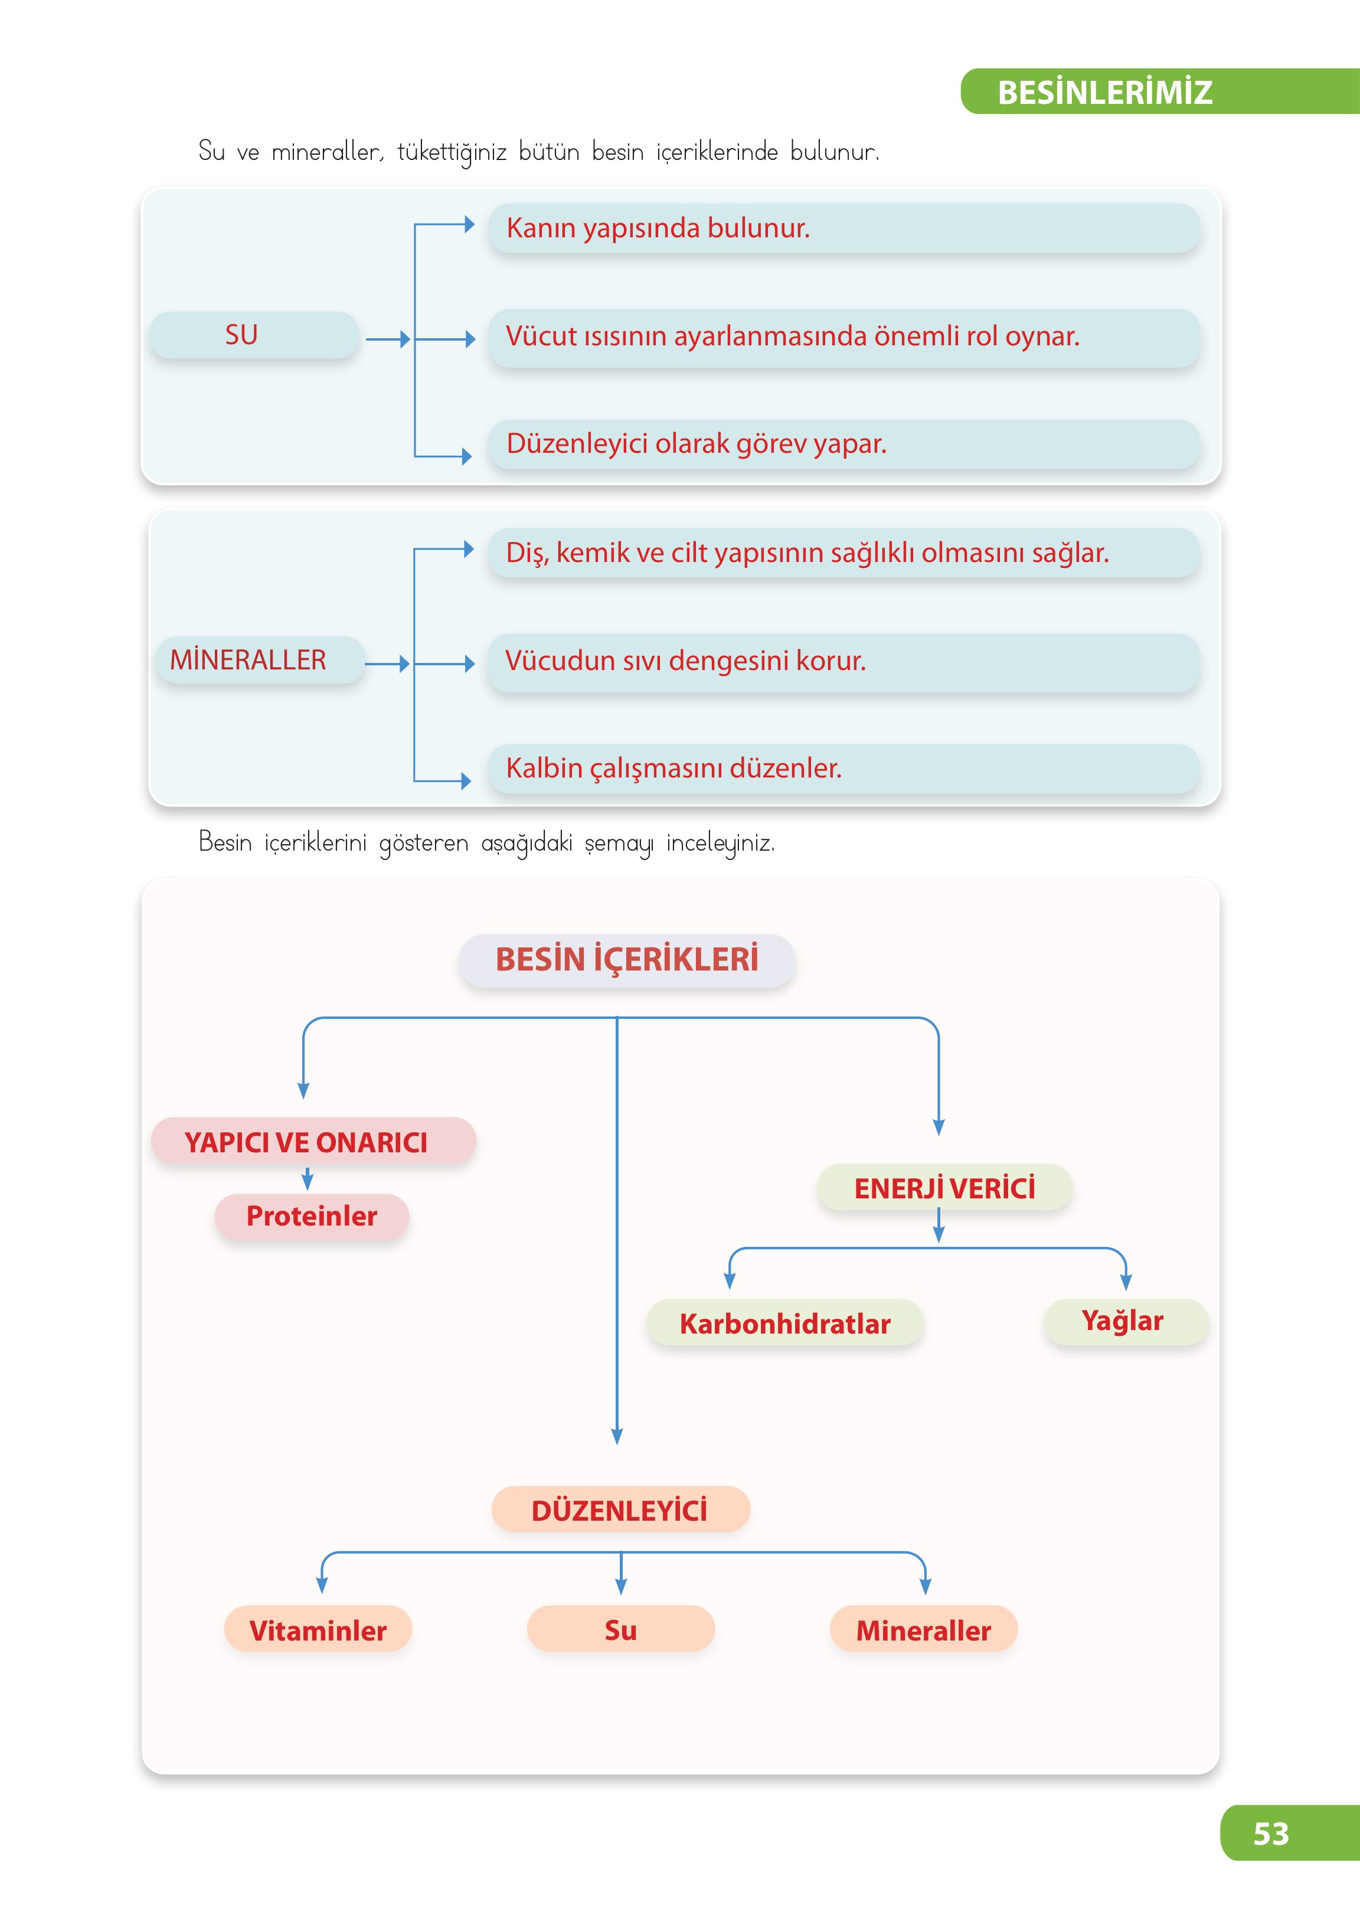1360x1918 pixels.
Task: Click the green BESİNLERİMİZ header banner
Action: pyautogui.click(x=1160, y=92)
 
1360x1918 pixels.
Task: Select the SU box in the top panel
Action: pyautogui.click(x=254, y=335)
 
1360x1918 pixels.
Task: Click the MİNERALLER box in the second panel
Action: pyautogui.click(x=260, y=660)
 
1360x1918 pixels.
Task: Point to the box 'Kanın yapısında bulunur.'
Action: pyautogui.click(x=844, y=228)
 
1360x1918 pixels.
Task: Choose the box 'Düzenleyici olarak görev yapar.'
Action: pyautogui.click(x=844, y=444)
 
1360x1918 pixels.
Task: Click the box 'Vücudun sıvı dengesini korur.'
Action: pyautogui.click(x=844, y=662)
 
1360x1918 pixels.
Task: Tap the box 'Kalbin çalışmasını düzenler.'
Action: pyautogui.click(x=844, y=768)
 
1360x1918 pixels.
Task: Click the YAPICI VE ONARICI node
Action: pyautogui.click(x=313, y=1142)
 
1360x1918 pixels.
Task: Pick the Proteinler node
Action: pyautogui.click(x=312, y=1216)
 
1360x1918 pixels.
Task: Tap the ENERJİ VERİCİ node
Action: pyautogui.click(x=944, y=1188)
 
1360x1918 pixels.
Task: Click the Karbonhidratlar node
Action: pyautogui.click(x=784, y=1324)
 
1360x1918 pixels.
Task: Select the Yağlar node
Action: pyautogui.click(x=1124, y=1322)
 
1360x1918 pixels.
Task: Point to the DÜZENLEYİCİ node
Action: pyautogui.click(x=620, y=1509)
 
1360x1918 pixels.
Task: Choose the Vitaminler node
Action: pyautogui.click(x=318, y=1630)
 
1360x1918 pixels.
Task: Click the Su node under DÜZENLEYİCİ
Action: pyautogui.click(x=620, y=1629)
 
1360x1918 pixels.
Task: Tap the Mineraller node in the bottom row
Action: pyautogui.click(x=924, y=1630)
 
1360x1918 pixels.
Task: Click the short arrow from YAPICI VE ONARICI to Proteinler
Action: pyautogui.click(x=308, y=1178)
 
